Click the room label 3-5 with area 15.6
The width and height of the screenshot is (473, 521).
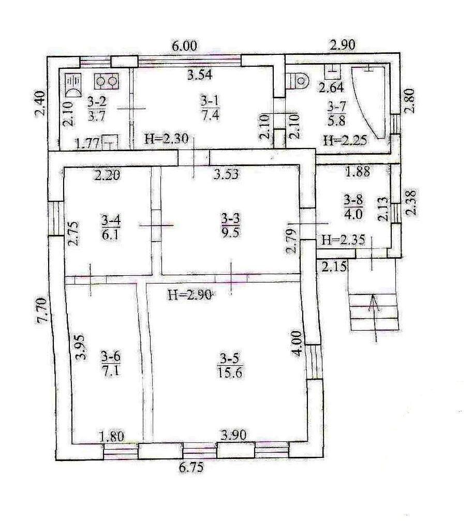coord(230,365)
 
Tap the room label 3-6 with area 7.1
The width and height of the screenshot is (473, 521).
coord(111,364)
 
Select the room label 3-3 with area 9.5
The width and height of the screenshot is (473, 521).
coord(230,225)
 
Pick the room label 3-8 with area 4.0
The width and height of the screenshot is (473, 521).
coord(353,206)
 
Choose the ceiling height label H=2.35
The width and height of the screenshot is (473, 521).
coord(344,240)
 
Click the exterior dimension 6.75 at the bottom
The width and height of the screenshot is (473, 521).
coord(191,468)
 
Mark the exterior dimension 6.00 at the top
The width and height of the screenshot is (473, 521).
coord(184,46)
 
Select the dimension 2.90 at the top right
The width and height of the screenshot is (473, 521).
coord(343,45)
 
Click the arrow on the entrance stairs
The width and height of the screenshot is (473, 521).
coord(374,318)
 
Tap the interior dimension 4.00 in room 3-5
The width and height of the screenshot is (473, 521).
coord(298,343)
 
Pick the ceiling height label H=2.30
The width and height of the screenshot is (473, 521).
coord(167,138)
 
